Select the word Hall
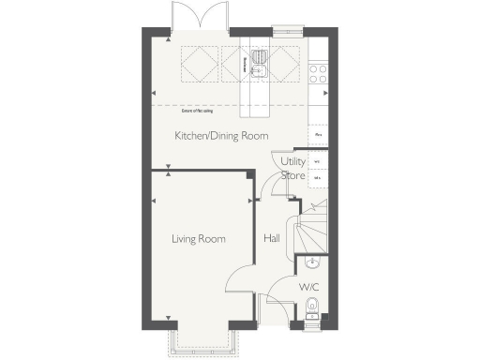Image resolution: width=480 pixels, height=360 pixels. pos(272,239)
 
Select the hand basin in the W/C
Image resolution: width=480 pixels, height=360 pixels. pos(311,263)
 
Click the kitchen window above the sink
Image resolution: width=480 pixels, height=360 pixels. pos(280,29)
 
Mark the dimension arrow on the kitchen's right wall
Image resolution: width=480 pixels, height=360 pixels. pos(324,94)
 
